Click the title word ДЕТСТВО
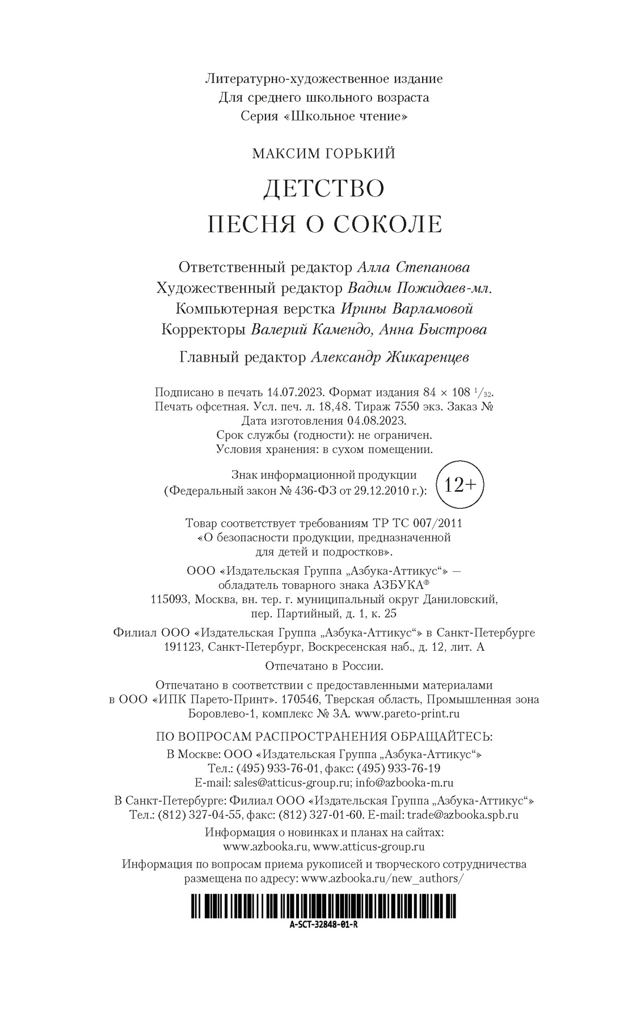[323, 189]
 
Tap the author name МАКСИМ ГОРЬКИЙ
[323, 154]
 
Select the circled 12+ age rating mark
[460, 484]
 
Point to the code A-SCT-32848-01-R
[323, 924]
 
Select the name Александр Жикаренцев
[390, 358]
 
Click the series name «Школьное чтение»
[344, 116]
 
